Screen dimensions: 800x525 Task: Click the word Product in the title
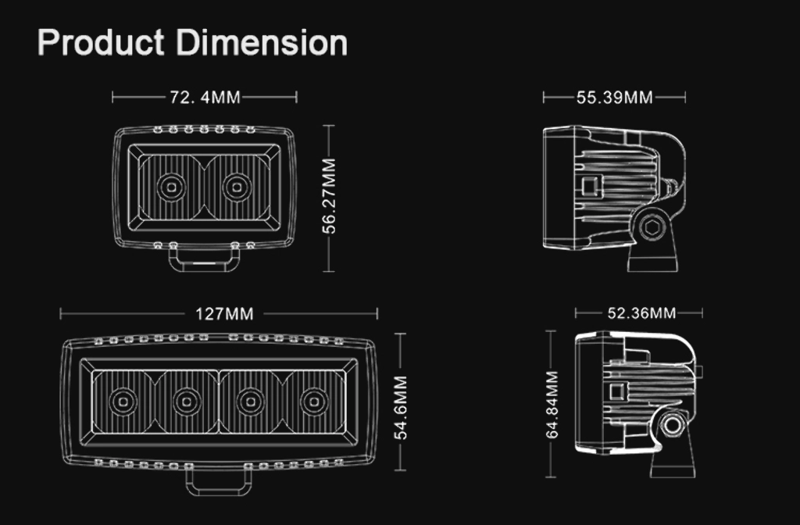point(101,42)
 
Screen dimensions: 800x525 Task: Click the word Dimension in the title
point(262,42)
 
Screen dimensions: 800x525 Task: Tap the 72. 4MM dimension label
point(205,97)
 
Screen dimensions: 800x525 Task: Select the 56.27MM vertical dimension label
point(330,196)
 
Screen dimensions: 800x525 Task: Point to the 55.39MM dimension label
point(614,98)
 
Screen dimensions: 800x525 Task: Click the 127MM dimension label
point(224,314)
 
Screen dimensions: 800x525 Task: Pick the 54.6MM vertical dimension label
point(401,408)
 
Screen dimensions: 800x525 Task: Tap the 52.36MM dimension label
point(641,312)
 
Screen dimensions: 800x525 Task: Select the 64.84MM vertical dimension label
point(552,405)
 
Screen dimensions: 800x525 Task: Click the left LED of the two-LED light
point(171,187)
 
